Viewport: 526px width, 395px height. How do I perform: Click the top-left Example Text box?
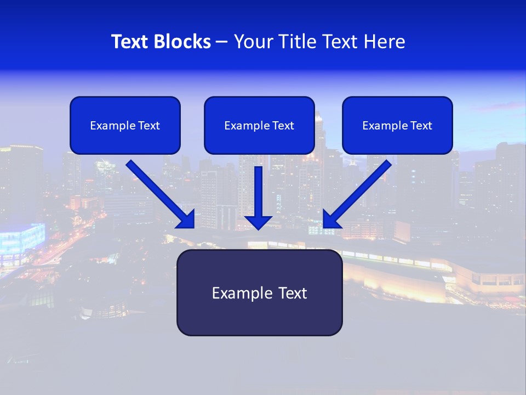(125, 125)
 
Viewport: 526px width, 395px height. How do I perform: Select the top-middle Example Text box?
(259, 125)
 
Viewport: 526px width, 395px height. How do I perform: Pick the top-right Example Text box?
(397, 125)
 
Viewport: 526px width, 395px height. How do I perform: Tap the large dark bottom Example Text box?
(259, 292)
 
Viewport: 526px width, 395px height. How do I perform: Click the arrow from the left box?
(159, 192)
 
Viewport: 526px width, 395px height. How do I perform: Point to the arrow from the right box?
(359, 192)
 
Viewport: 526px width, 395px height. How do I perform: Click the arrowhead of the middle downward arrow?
(258, 222)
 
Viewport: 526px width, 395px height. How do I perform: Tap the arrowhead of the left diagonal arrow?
(187, 219)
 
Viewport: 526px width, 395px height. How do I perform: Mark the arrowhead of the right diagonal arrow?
(331, 219)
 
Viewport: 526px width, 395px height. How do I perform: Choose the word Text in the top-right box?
(421, 126)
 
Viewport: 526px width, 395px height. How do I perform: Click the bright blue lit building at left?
(22, 240)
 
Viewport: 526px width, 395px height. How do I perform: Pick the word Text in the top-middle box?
(283, 126)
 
